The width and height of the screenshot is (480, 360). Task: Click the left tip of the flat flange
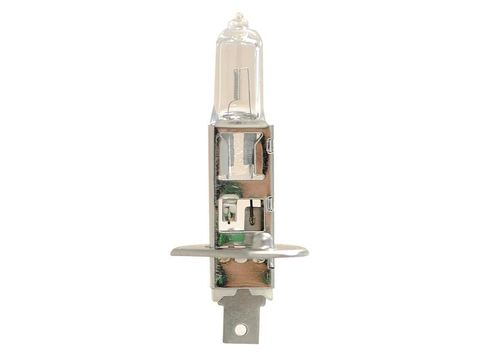pyautogui.click(x=174, y=251)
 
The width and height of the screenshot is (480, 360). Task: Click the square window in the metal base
pyautogui.click(x=240, y=212)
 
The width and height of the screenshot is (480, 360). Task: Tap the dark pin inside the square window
pyautogui.click(x=251, y=212)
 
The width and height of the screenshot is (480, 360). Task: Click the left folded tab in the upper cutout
pyautogui.click(x=226, y=155)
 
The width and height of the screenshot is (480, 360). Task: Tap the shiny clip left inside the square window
pyautogui.click(x=228, y=213)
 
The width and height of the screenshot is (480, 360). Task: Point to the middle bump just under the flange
pyautogui.click(x=240, y=262)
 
